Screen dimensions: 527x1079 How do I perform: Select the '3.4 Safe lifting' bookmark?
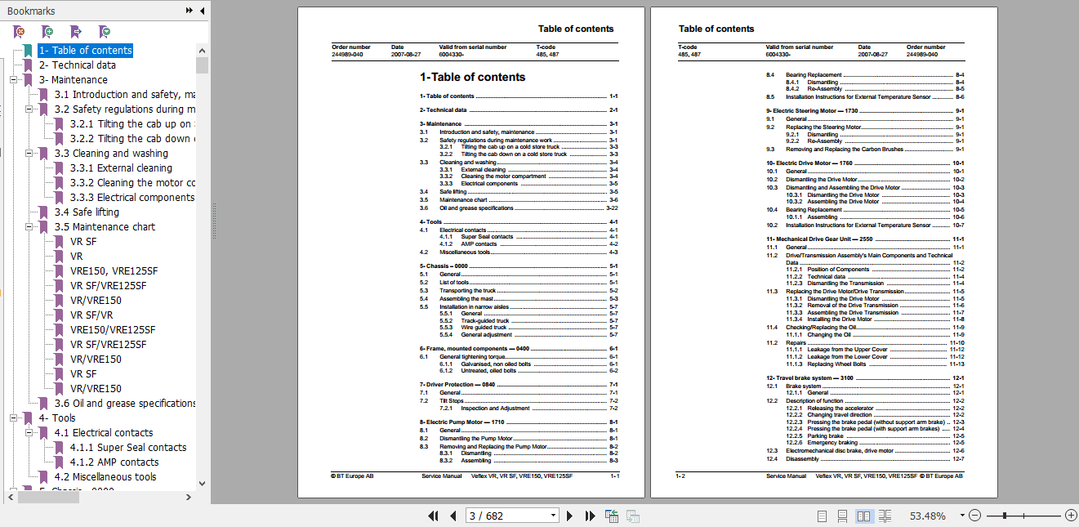coord(95,212)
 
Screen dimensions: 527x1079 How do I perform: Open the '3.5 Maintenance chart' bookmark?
coord(105,227)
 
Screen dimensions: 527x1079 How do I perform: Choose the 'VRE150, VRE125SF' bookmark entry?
coord(114,271)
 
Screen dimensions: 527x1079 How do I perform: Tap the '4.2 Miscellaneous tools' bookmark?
coord(105,477)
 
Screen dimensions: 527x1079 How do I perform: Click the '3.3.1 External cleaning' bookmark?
coord(121,168)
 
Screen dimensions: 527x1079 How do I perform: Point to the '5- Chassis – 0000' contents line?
coord(446,266)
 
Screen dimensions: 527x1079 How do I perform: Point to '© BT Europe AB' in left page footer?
coord(353,476)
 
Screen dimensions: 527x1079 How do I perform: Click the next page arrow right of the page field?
coord(569,516)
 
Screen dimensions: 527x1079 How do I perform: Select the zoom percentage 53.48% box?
coord(928,516)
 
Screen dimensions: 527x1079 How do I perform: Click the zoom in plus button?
coord(1071,516)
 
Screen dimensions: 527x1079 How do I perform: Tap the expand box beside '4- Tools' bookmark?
coord(14,418)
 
